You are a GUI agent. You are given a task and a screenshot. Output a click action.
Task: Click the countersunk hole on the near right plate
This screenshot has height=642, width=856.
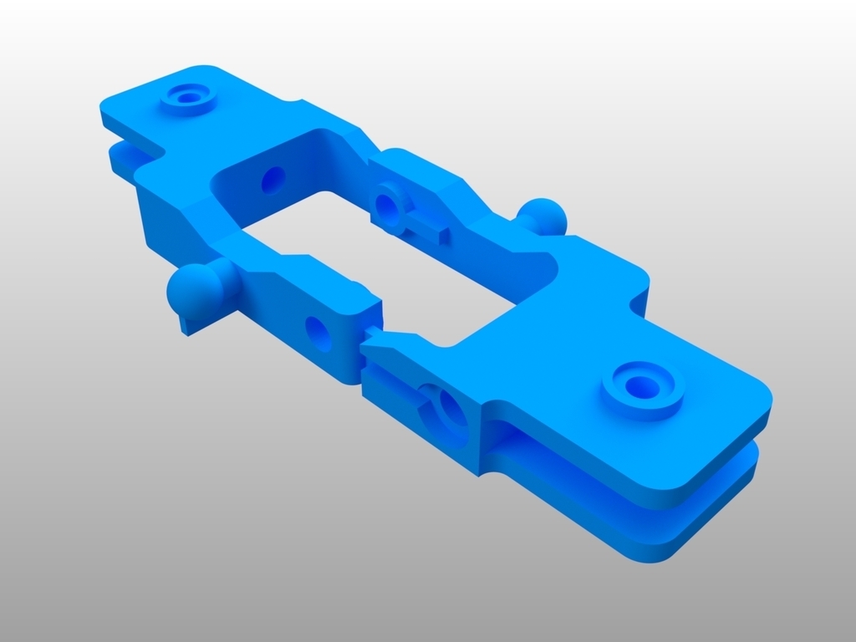pyautogui.click(x=642, y=385)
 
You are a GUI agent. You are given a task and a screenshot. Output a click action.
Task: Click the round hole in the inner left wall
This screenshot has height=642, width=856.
pyautogui.click(x=273, y=178)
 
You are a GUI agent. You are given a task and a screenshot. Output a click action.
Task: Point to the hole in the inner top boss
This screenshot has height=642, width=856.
pyautogui.click(x=386, y=203)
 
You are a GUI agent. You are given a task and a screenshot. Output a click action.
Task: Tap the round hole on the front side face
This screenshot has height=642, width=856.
pyautogui.click(x=318, y=333)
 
